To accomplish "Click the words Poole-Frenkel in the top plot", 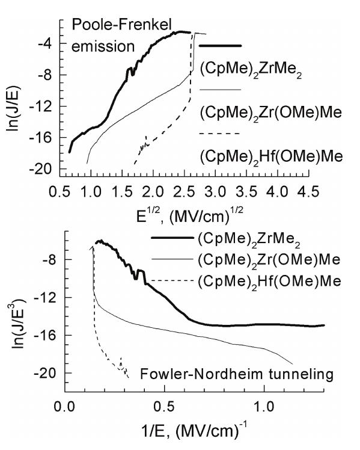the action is point(121,25).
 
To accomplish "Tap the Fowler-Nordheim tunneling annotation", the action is point(237,374).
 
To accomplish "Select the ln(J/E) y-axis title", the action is point(12,107).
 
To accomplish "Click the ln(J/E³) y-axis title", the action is point(19,324).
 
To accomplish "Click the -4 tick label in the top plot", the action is point(47,44).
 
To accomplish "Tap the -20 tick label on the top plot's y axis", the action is point(43,169).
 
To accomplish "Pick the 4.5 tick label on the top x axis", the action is point(308,191).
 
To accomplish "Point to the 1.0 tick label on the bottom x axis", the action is point(264,407).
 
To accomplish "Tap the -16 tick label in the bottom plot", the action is point(47,335).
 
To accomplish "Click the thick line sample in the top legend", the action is point(220,46).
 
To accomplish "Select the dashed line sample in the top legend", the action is point(219,134).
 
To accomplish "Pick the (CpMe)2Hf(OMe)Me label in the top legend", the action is point(271,156).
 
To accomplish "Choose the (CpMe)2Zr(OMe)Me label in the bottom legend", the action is point(269,260).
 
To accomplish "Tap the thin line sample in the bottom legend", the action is point(172,259).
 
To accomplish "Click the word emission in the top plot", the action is point(103,46).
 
